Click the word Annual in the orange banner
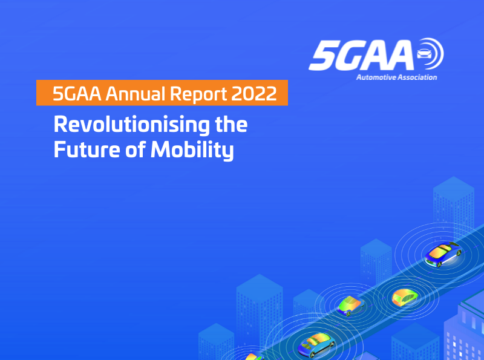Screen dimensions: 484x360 136,93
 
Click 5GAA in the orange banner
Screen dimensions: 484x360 77,93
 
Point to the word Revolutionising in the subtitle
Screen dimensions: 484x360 131,125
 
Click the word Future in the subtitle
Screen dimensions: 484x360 87,149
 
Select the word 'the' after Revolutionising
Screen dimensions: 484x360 231,124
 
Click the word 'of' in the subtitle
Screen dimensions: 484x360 135,149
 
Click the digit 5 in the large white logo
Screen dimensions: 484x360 323,56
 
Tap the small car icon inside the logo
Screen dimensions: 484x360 424,53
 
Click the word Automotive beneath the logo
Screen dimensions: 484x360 376,77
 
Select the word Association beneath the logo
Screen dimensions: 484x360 417,77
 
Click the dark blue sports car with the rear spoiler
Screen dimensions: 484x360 443,254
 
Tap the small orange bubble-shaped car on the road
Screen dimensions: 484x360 405,297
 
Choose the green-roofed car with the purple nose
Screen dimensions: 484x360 351,306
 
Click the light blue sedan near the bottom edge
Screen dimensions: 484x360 316,344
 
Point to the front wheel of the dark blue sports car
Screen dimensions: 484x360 439,264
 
